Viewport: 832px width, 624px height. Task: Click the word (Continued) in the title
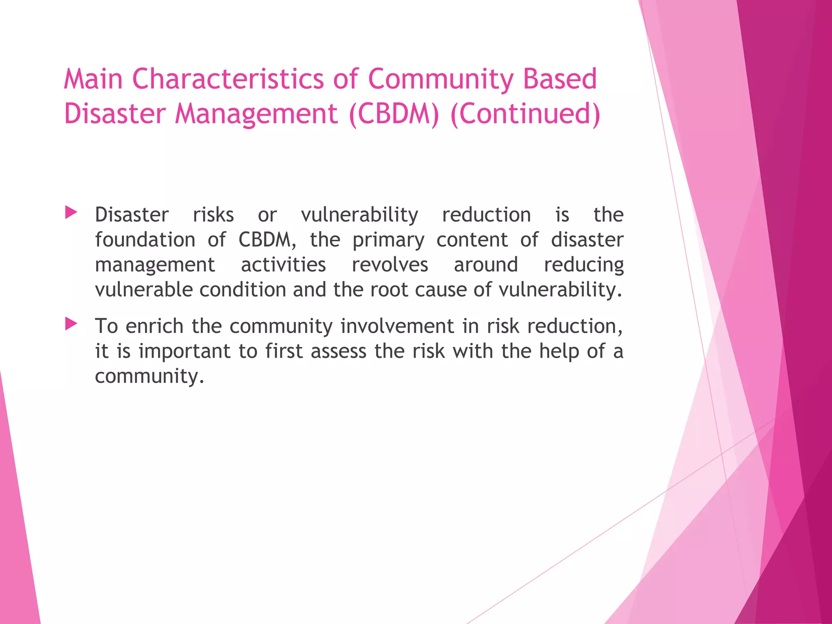tap(525, 114)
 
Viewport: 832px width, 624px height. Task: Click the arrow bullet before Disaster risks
tap(71, 212)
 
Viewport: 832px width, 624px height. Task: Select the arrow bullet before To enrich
tap(71, 324)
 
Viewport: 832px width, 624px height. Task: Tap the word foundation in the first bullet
tap(145, 240)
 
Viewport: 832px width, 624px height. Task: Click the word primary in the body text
tap(388, 240)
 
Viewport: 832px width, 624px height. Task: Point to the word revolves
tap(390, 265)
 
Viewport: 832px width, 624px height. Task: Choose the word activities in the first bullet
tap(283, 265)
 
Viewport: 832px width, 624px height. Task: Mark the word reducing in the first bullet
tap(583, 265)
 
